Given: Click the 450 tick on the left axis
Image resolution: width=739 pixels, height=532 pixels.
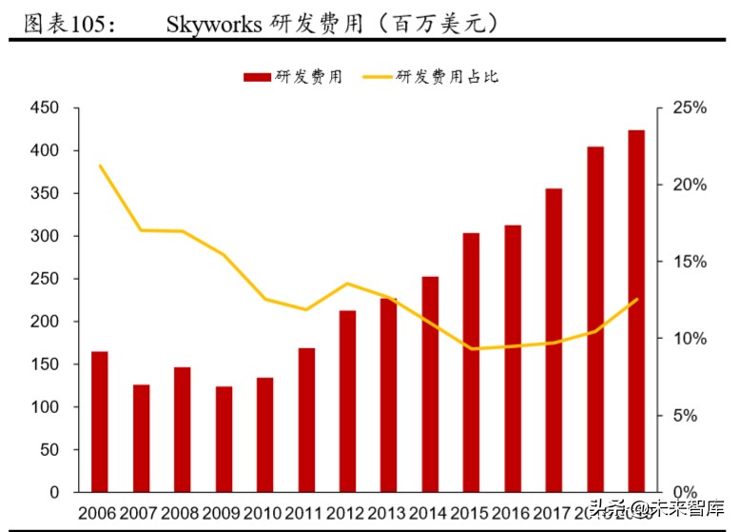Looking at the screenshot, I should click(x=46, y=108).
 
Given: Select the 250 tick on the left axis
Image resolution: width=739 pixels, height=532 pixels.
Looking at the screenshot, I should click(x=46, y=279).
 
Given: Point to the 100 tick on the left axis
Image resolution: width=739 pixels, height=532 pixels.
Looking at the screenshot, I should click(x=46, y=407).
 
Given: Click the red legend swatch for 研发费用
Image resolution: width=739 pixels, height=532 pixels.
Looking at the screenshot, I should click(x=257, y=77).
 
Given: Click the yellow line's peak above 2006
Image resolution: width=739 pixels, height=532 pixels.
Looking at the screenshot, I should click(x=100, y=166).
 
